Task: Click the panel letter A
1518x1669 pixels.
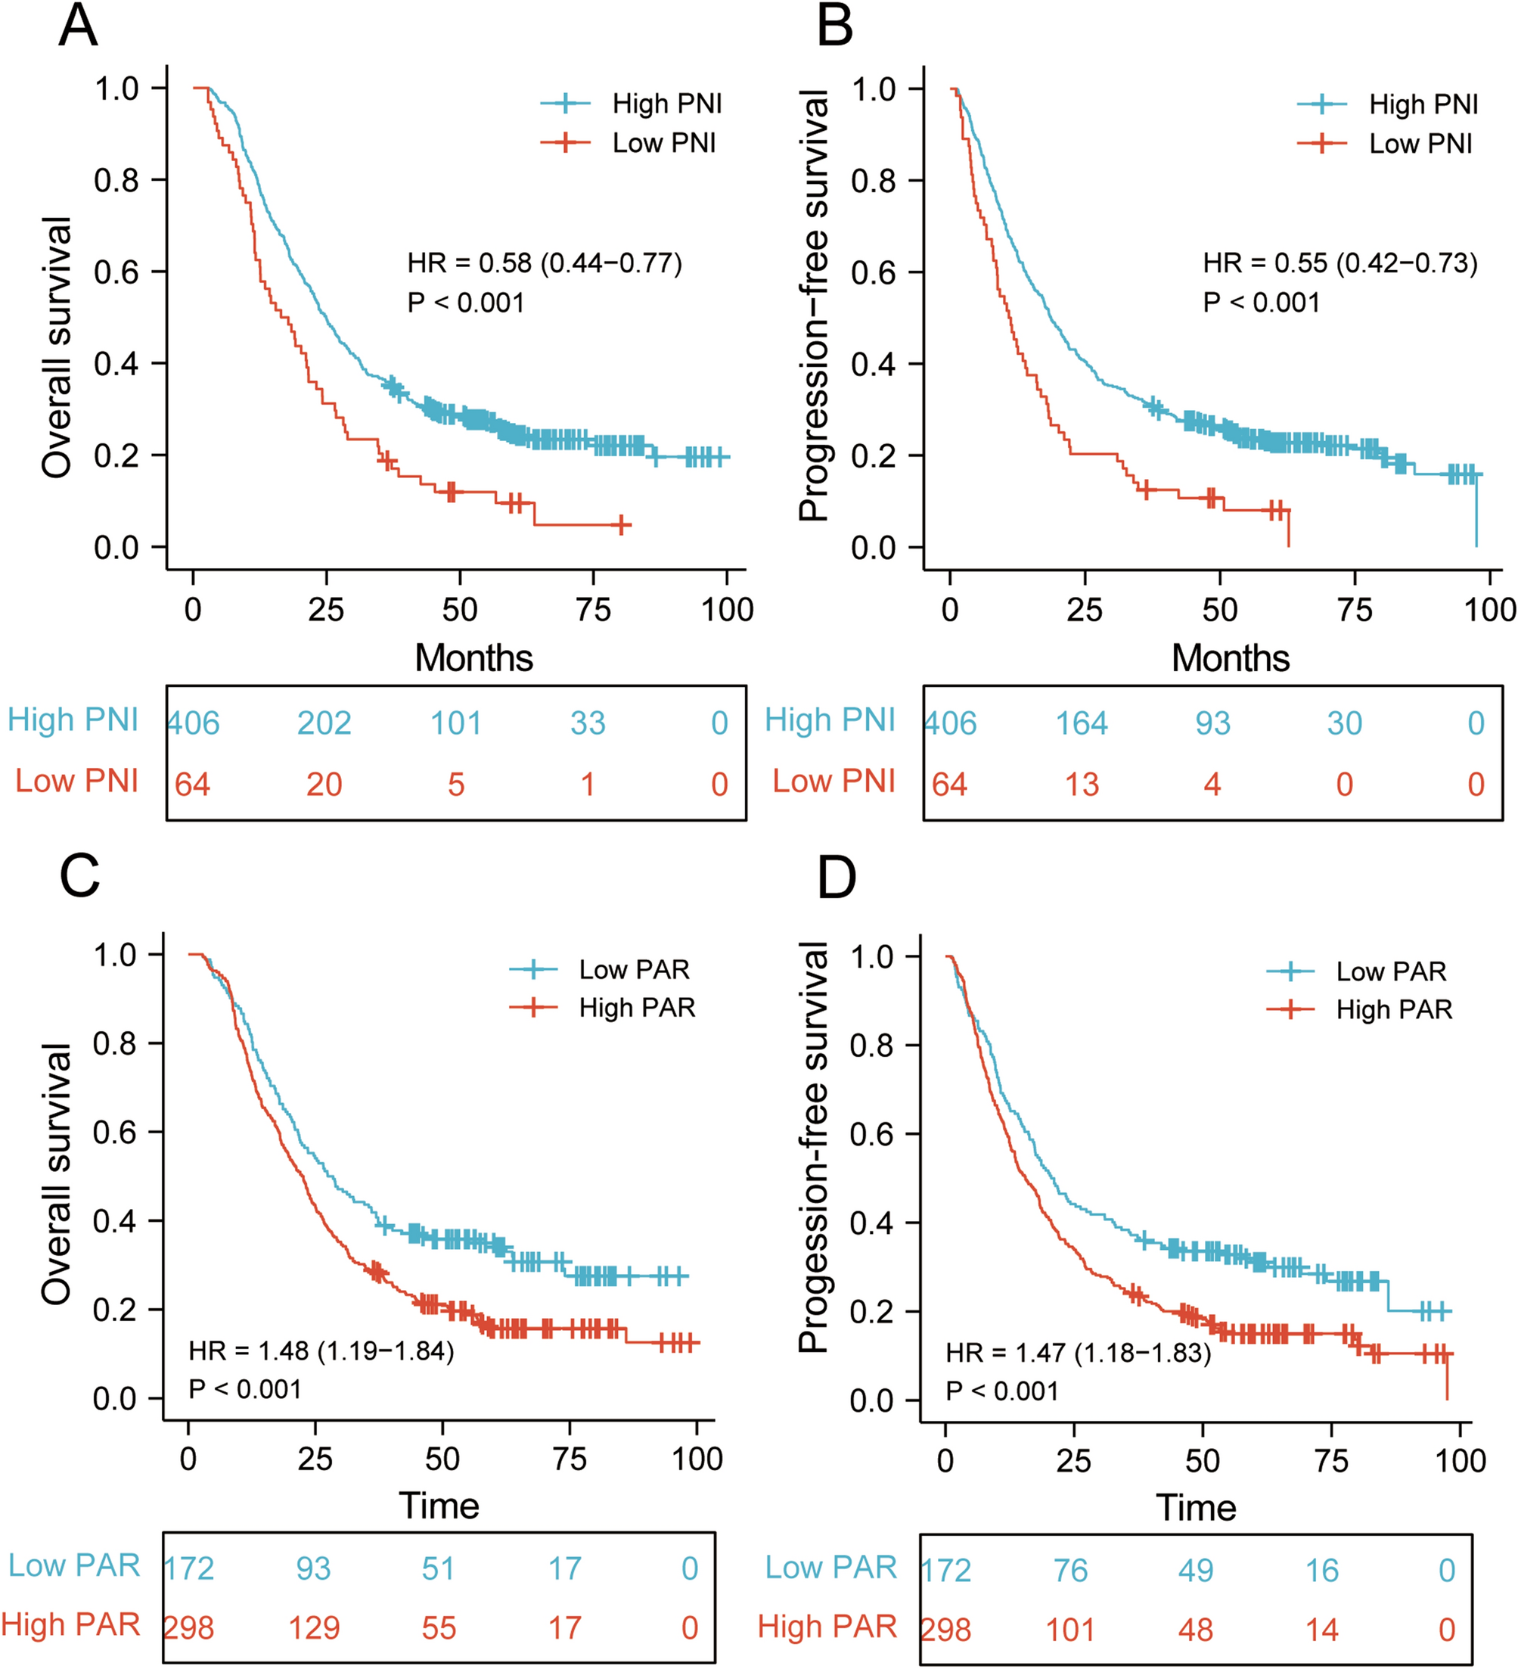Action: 79,26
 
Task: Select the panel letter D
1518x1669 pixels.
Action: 836,878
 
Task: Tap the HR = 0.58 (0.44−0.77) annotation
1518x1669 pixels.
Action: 545,263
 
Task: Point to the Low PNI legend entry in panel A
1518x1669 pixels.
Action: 663,143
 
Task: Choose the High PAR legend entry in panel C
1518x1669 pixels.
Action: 637,1008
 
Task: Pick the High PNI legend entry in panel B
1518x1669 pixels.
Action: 1423,104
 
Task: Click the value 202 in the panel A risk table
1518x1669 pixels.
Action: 324,723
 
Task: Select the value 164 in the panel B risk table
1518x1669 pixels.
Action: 1081,723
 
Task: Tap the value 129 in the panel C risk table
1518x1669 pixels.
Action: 314,1628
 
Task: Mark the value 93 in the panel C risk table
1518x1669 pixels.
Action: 314,1569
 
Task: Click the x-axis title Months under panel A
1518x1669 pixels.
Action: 473,658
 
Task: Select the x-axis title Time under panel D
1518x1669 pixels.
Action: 1195,1509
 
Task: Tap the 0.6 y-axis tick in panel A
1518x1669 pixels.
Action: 116,272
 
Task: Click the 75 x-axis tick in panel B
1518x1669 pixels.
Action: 1354,610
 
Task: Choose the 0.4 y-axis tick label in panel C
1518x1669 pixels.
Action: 114,1221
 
